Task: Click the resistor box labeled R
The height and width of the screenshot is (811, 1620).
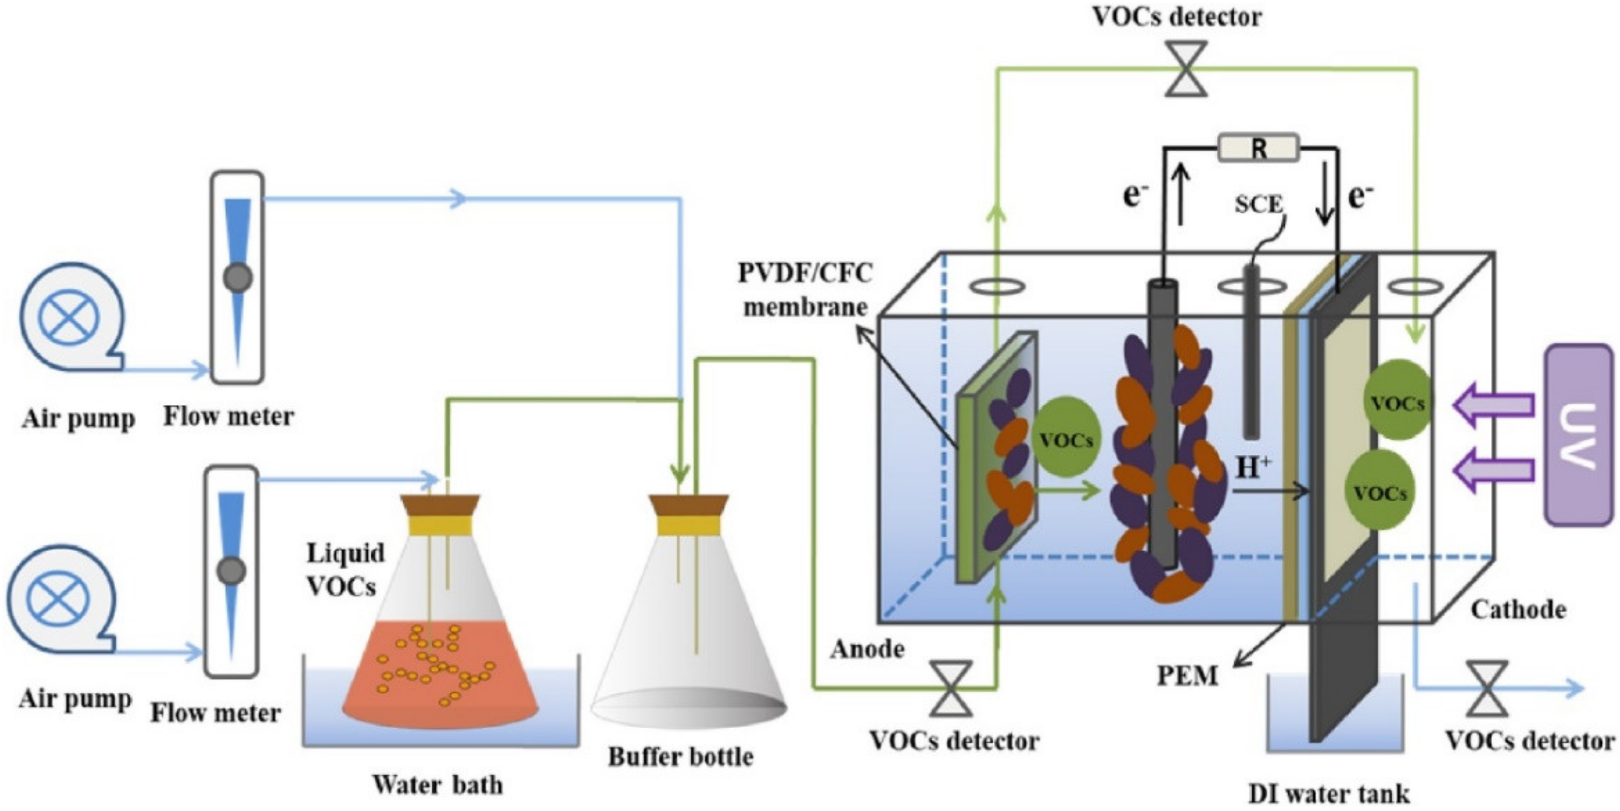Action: tap(1258, 148)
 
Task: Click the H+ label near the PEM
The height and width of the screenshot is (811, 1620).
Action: tap(1253, 468)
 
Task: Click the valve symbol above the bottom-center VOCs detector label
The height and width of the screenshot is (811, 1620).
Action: tap(951, 688)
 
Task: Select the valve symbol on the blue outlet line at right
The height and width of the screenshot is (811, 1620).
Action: tap(1487, 688)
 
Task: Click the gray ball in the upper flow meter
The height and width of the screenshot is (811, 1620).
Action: tap(238, 277)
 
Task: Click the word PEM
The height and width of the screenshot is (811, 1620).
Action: tap(1187, 676)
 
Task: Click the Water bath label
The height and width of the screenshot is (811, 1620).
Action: tap(438, 785)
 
